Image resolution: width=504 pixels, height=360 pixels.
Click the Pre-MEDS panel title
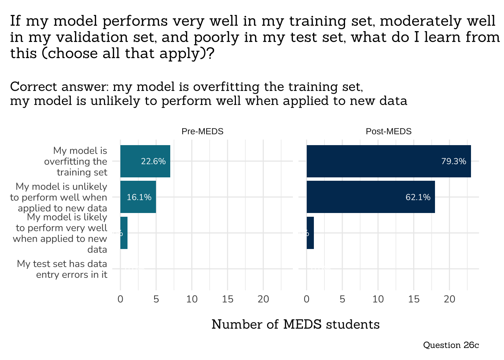point(202,131)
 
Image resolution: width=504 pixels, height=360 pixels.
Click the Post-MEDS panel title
point(388,131)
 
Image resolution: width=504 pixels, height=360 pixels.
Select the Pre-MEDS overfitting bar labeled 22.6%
point(145,161)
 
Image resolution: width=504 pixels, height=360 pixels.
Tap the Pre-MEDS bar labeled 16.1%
point(138,197)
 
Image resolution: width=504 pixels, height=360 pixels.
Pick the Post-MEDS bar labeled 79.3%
point(388,161)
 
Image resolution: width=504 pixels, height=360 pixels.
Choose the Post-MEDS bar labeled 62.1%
point(370,197)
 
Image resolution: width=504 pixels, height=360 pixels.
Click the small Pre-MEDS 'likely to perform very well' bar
point(124,233)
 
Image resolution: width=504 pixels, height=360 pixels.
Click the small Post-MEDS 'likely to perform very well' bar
point(310,233)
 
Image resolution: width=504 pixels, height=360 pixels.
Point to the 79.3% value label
point(453,161)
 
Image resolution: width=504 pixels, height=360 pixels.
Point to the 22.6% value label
point(153,161)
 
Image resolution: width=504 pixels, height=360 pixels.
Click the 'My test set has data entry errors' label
point(62,269)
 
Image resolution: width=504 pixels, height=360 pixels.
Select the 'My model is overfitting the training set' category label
point(76,161)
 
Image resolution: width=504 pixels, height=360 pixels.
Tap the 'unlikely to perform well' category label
point(59,197)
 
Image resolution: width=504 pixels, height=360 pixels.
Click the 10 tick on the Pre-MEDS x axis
point(192,299)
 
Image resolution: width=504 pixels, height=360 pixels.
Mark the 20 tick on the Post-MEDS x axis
point(449,299)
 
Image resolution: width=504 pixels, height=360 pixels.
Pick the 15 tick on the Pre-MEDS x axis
point(227,299)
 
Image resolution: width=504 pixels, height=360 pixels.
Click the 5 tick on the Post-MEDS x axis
point(342,299)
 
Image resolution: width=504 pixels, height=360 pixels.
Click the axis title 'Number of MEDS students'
point(295,324)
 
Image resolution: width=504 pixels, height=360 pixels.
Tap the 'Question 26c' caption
point(451,345)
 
